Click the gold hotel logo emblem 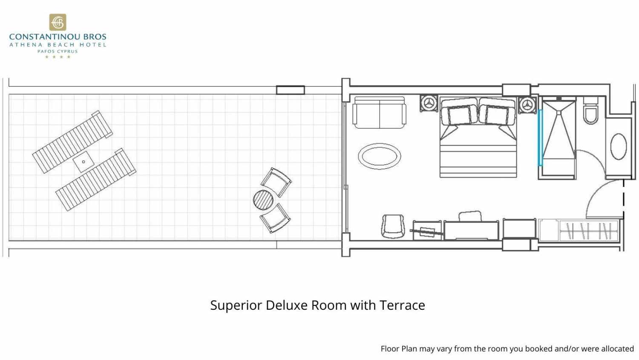[x=58, y=22]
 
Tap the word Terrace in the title [x=402, y=305]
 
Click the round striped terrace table [x=263, y=200]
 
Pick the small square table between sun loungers [x=83, y=162]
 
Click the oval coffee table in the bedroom [x=380, y=156]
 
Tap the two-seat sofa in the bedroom [x=380, y=112]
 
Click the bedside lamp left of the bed [x=429, y=103]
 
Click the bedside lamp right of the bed [x=527, y=105]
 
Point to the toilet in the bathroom [x=590, y=111]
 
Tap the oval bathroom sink [x=619, y=146]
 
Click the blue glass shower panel [x=540, y=138]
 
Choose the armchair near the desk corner [x=393, y=226]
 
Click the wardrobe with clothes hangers [x=579, y=230]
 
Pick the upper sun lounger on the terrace [x=72, y=142]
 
